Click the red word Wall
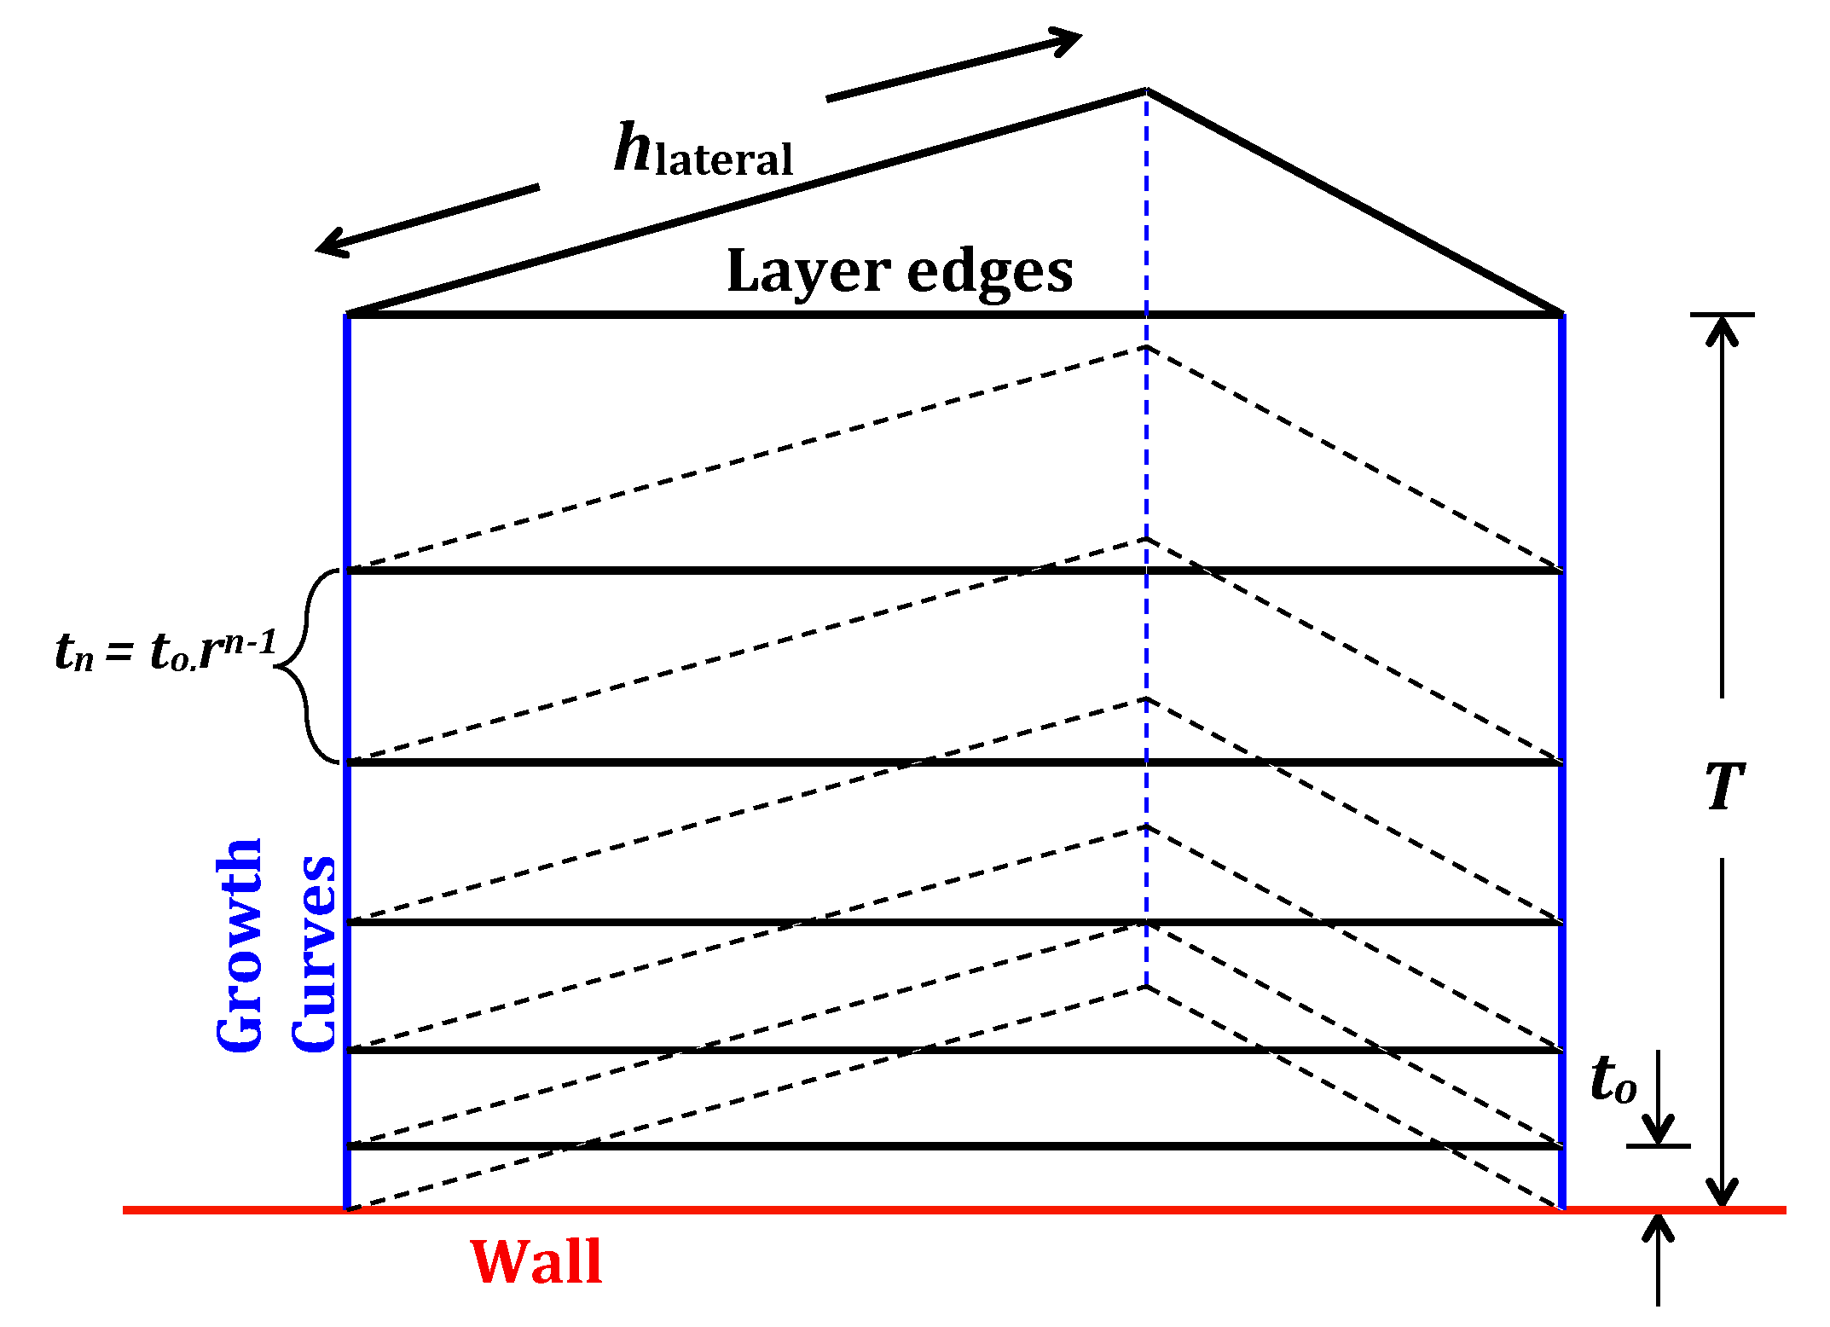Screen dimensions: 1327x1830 tap(536, 1261)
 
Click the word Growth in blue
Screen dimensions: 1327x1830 tap(240, 945)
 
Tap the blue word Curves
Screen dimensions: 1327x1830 tap(314, 953)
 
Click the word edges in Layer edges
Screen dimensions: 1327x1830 tap(989, 272)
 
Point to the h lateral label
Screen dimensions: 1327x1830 tap(704, 151)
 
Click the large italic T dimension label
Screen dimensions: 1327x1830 tap(1724, 786)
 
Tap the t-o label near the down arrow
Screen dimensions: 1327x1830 tap(1613, 1080)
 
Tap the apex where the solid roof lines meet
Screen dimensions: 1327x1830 tap(1146, 90)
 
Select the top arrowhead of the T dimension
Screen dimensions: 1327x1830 tap(1722, 328)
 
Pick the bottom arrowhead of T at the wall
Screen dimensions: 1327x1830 tap(1722, 1194)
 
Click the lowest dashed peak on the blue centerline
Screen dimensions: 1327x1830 tap(1146, 988)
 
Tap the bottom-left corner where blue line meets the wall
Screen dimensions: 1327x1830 tap(347, 1208)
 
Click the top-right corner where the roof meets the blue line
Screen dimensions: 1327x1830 tap(1561, 315)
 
